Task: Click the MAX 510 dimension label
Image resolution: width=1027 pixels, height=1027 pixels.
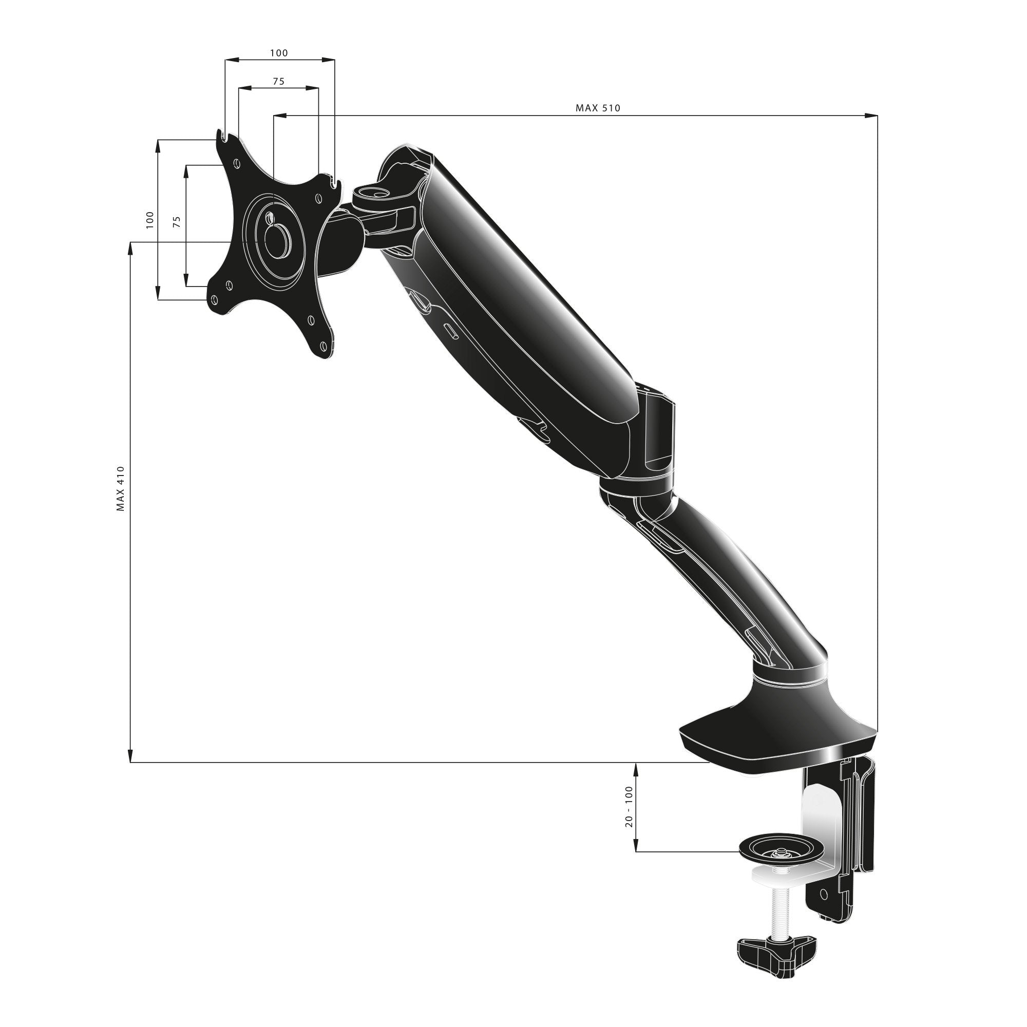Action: click(598, 108)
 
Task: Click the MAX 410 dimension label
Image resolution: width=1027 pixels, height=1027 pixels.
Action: click(121, 488)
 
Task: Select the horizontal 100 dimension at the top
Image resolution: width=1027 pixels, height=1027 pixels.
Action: click(278, 52)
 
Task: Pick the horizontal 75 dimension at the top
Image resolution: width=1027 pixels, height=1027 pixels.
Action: click(278, 81)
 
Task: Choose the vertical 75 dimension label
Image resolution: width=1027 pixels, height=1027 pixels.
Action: click(178, 222)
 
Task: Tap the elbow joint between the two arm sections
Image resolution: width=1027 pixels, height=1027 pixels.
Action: click(638, 489)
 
